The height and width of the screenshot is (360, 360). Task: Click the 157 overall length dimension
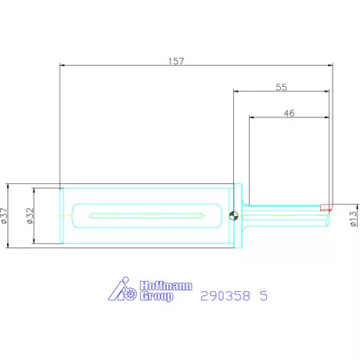coord(176,61)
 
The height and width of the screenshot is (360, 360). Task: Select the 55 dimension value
coord(281,87)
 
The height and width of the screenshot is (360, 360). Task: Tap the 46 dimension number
coord(289,113)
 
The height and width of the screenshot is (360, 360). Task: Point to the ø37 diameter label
coord(5,216)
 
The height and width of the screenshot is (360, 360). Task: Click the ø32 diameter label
coord(31,216)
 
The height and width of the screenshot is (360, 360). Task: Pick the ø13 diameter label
coord(353,218)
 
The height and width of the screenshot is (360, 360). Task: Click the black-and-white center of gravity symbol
coord(233,216)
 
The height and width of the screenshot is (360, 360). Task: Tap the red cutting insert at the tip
coord(326,207)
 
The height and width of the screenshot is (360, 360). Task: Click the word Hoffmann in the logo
coord(166,286)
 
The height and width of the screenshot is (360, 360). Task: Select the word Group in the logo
coord(157,297)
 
